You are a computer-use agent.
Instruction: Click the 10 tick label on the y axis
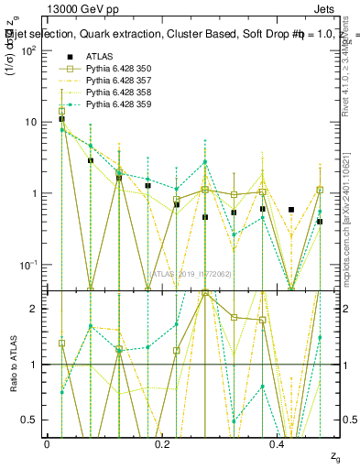click(x=30, y=122)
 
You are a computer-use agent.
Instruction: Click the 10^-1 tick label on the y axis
click(x=27, y=265)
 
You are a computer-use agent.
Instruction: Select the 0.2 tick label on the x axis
click(x=162, y=443)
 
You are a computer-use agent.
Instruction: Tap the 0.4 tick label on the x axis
click(x=278, y=443)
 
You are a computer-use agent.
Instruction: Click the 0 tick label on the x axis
click(x=47, y=443)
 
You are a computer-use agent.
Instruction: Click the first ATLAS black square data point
click(x=61, y=119)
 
